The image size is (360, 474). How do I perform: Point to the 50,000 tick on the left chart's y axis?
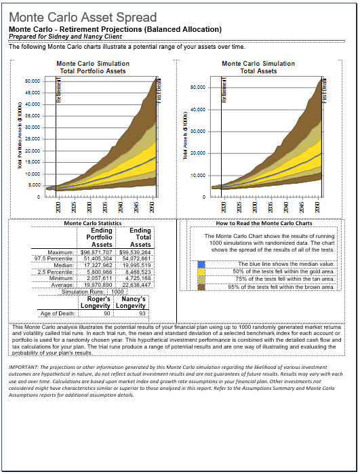[x=32, y=81]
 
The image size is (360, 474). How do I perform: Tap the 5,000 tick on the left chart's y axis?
[x=34, y=185]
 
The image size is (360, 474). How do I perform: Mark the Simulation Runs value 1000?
[x=118, y=292]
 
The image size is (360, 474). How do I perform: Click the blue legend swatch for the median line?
[x=201, y=264]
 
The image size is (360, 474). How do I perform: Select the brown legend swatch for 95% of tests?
[x=201, y=286]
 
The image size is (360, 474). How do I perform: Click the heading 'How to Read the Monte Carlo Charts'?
[x=263, y=223]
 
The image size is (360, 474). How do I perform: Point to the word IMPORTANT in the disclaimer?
[x=24, y=367]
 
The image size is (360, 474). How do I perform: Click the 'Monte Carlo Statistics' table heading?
[x=92, y=223]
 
